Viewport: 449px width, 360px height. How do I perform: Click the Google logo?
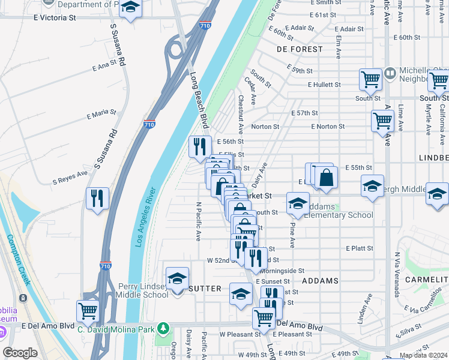pos(20,353)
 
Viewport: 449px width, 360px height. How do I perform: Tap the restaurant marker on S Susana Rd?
pos(97,199)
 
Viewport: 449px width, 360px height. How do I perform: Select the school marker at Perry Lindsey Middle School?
pos(177,279)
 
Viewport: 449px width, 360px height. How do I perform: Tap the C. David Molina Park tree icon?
pos(162,328)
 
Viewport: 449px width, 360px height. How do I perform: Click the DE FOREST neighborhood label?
pos(296,49)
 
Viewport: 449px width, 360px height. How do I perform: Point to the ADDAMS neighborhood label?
pos(320,281)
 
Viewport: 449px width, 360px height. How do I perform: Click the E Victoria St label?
pos(55,19)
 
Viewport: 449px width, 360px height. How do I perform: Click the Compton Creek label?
pos(23,259)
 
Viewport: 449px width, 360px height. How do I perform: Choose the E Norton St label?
pos(328,127)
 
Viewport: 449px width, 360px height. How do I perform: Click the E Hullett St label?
pos(324,85)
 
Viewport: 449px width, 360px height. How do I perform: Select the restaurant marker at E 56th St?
pos(200,147)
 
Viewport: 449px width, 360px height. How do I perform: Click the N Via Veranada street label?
pos(397,274)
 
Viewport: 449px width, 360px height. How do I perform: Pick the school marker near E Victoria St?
pos(129,8)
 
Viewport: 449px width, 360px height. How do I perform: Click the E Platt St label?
pos(359,248)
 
